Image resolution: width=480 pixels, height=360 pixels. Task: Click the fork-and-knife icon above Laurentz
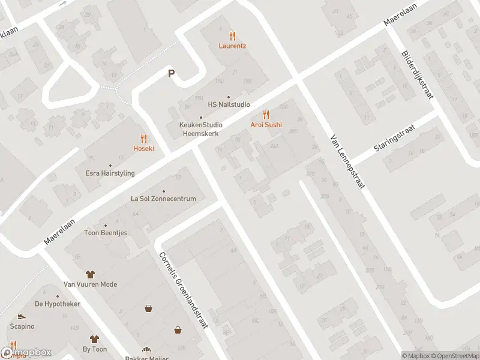pyautogui.click(x=232, y=36)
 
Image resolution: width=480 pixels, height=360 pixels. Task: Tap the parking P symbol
pyautogui.click(x=171, y=74)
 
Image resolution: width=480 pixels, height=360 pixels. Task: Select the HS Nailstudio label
pyautogui.click(x=229, y=104)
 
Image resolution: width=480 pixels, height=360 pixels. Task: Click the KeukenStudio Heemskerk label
pyautogui.click(x=201, y=128)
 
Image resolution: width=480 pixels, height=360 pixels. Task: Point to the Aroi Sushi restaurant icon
pyautogui.click(x=266, y=115)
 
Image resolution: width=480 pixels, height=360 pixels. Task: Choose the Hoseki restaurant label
pyautogui.click(x=143, y=148)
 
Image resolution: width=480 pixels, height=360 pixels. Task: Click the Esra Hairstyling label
pyautogui.click(x=110, y=173)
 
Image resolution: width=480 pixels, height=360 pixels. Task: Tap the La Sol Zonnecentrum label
pyautogui.click(x=163, y=199)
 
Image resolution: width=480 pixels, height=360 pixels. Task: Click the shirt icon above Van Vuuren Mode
pyautogui.click(x=91, y=274)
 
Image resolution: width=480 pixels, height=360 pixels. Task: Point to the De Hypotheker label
pyautogui.click(x=58, y=304)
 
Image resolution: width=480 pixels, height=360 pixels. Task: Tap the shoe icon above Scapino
pyautogui.click(x=22, y=316)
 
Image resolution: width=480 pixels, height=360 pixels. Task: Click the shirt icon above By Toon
pyautogui.click(x=94, y=339)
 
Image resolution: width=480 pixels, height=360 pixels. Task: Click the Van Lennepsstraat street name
pyautogui.click(x=347, y=162)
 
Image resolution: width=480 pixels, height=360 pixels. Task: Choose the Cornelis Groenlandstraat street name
pyautogui.click(x=182, y=289)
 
